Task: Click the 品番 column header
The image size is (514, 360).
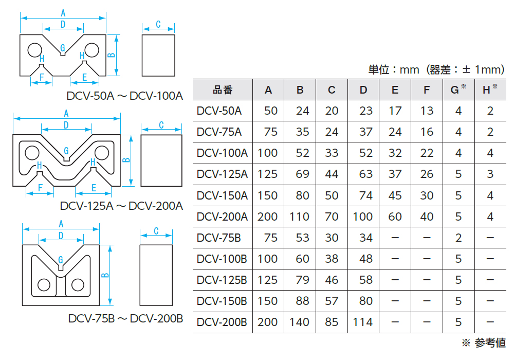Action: coord(223,90)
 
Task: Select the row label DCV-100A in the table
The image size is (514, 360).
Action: coord(222,153)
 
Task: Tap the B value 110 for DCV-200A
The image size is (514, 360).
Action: coord(299,217)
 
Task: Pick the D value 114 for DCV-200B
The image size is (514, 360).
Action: coord(363,322)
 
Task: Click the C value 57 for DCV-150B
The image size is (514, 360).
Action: coord(332,301)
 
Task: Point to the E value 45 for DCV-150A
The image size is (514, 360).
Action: coord(395,195)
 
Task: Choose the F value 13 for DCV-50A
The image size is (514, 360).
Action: coord(427,111)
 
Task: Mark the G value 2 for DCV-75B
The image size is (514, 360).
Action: coord(458,238)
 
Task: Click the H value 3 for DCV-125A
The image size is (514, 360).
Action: coord(490,174)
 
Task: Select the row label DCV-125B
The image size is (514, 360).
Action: coord(222,280)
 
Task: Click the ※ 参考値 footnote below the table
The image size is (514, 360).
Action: coord(483,343)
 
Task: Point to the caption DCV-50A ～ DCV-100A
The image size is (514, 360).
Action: coord(125,96)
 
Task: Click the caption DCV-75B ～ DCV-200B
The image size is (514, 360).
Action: coord(125,318)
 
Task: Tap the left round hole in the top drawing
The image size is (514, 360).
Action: coord(34,49)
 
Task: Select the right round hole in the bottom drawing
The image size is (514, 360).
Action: coord(78,284)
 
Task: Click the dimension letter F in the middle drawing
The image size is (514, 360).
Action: coord(39,188)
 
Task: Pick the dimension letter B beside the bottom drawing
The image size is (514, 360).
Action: coord(105,275)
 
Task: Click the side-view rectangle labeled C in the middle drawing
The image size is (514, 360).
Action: coord(161,160)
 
